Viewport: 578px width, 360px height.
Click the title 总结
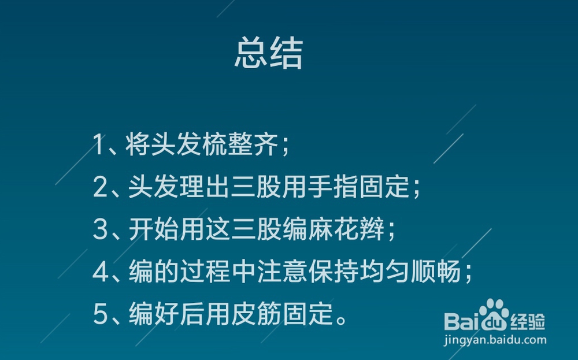pyautogui.click(x=269, y=53)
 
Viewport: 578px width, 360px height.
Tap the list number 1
pyautogui.click(x=99, y=144)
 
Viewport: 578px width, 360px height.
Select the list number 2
pyautogui.click(x=100, y=187)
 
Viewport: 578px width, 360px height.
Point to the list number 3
pyautogui.click(x=100, y=229)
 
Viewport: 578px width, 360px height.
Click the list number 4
pyautogui.click(x=100, y=272)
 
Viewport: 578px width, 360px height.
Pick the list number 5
pyautogui.click(x=100, y=314)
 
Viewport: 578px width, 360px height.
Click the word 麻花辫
pyautogui.click(x=346, y=229)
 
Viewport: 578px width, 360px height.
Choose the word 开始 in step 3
pyautogui.click(x=154, y=229)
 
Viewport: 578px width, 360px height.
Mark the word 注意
pyautogui.click(x=283, y=272)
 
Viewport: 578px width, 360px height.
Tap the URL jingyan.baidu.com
pyautogui.click(x=495, y=339)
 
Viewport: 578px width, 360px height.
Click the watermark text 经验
pyautogui.click(x=528, y=322)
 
